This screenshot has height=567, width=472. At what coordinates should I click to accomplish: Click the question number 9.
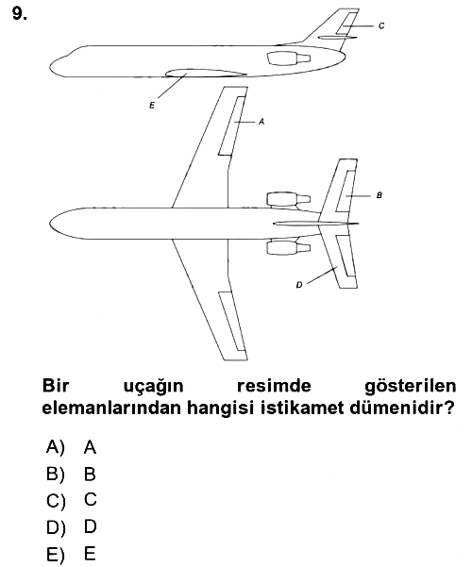[x=19, y=14]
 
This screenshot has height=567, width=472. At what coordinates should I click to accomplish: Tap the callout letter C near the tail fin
[x=381, y=26]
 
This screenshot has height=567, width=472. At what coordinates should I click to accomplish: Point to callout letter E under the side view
[x=152, y=106]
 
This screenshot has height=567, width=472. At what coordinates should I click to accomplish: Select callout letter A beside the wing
[x=261, y=122]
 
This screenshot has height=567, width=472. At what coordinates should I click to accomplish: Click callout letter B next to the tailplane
[x=379, y=195]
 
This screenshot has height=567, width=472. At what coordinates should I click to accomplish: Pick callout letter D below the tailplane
[x=299, y=285]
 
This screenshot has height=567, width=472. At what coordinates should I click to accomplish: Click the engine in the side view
[x=289, y=58]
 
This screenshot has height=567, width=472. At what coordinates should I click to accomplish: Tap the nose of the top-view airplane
[x=51, y=223]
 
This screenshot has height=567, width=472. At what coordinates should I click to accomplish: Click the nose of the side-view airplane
[x=52, y=67]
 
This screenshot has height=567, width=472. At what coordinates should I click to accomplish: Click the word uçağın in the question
[x=154, y=387]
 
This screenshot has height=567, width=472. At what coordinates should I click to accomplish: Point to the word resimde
[x=274, y=386]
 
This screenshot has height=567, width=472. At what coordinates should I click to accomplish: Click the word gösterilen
[x=410, y=387]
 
